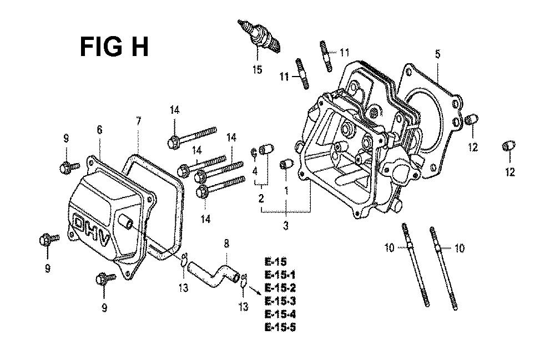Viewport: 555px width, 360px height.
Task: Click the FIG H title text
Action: tap(114, 47)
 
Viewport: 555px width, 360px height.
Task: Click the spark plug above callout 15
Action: tap(259, 37)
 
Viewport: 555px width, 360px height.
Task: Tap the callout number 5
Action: tap(438, 54)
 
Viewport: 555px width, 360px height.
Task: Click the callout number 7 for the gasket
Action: tap(138, 121)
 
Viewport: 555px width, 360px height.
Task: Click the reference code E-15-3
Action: tap(280, 301)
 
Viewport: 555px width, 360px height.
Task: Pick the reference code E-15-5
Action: tap(280, 327)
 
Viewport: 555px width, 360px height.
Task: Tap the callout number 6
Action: tap(99, 130)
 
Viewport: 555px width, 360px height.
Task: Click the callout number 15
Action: tap(258, 69)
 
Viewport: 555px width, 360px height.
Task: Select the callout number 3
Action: tap(286, 225)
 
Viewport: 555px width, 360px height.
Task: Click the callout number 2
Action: tap(261, 199)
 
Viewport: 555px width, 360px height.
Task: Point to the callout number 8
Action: tap(226, 244)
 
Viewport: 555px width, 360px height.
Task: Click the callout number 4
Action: tap(255, 172)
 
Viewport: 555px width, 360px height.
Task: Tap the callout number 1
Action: tap(286, 191)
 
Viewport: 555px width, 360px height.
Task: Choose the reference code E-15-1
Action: tap(280, 275)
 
